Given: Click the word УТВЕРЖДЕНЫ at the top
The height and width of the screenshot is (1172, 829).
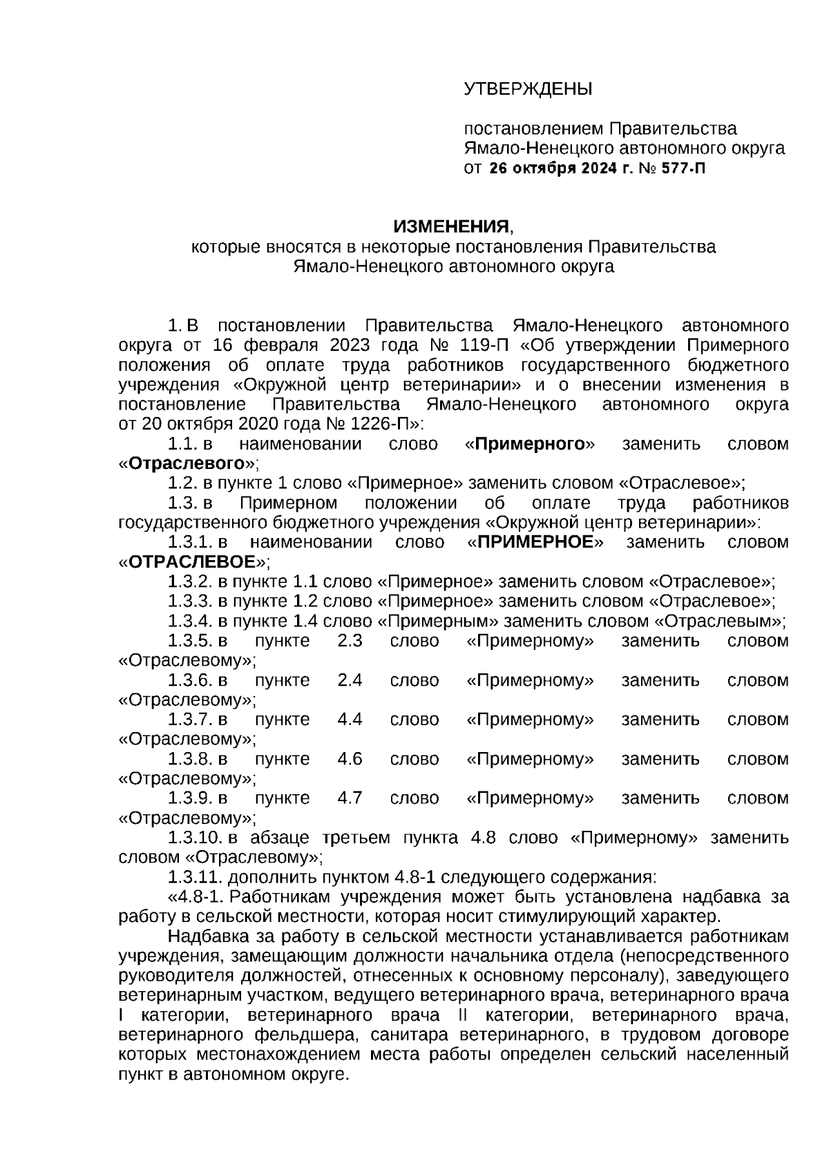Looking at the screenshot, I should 528,89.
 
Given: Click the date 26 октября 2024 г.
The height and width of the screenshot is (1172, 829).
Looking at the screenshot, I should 560,168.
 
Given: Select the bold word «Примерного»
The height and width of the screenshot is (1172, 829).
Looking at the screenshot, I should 530,444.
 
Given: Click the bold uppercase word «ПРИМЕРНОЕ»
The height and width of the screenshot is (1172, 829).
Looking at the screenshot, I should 535,542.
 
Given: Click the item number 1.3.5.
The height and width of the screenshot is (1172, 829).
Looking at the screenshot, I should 190,640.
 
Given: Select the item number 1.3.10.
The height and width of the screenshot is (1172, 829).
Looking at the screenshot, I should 194,838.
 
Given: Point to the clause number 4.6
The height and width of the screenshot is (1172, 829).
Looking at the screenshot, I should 350,759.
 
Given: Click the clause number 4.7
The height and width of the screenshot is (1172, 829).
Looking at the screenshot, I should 350,798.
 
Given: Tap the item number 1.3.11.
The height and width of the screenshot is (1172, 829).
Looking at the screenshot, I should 194,877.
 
